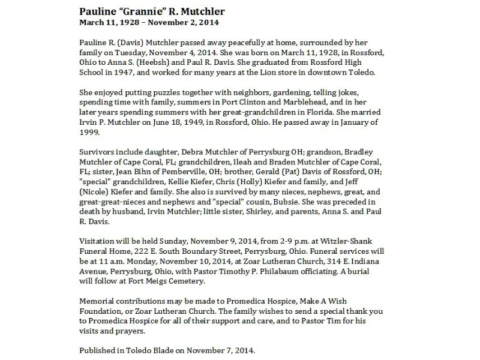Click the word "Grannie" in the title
tap(137, 12)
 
